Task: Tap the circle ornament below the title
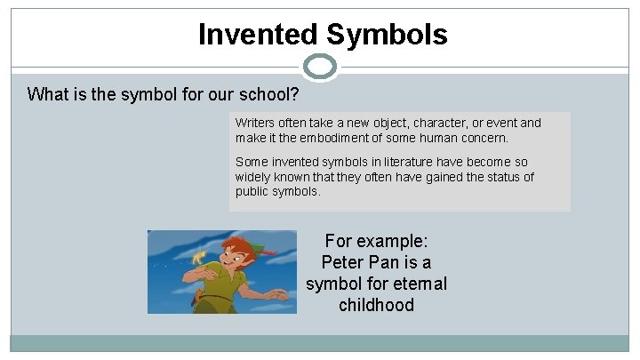tap(320, 67)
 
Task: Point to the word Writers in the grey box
tap(254, 123)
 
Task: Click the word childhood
tap(376, 306)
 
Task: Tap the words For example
tap(376, 241)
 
